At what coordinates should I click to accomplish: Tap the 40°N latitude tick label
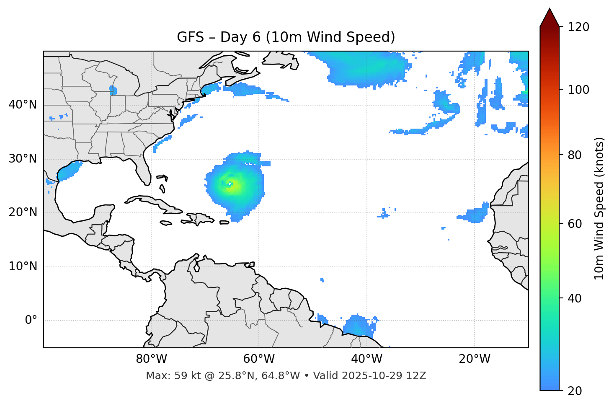(x=23, y=104)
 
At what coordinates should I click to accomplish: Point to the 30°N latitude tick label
(x=23, y=159)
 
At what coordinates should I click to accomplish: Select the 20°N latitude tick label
(x=23, y=212)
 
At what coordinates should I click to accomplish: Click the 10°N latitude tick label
(x=23, y=266)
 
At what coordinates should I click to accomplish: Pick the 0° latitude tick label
(x=31, y=321)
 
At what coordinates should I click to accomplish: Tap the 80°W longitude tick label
(x=151, y=359)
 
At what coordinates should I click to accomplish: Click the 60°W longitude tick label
(x=259, y=359)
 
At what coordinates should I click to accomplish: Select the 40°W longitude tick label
(x=366, y=359)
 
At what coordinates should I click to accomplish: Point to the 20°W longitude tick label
(x=474, y=359)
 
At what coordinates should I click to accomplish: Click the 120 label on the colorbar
(x=578, y=27)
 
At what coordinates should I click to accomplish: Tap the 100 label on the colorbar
(x=578, y=90)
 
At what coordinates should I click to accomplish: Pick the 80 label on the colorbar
(x=575, y=155)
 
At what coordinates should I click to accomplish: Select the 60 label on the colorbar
(x=575, y=224)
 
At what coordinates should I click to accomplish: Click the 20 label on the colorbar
(x=575, y=391)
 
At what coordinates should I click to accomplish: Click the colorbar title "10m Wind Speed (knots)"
(x=599, y=208)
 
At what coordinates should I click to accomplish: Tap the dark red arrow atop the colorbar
(x=550, y=18)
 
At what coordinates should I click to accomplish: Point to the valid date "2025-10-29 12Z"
(x=384, y=376)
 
